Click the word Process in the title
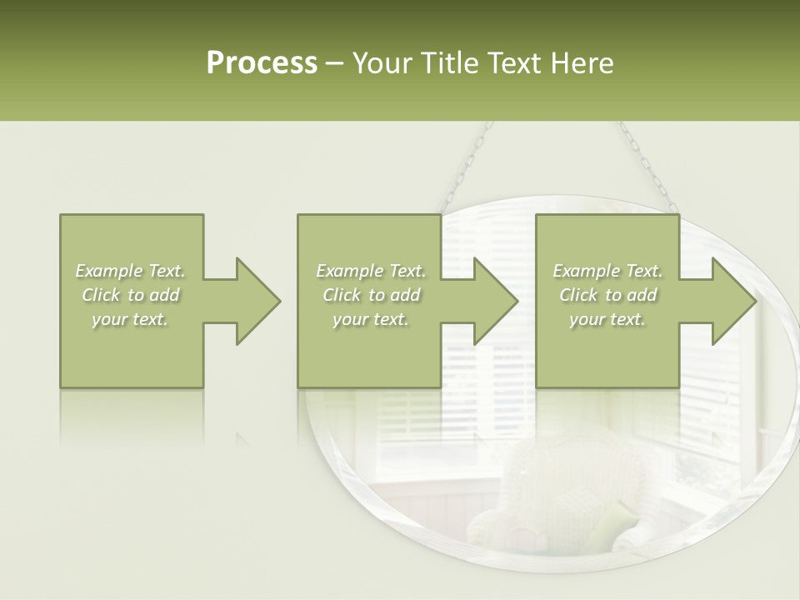[262, 63]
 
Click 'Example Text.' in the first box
[131, 271]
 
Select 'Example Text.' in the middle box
[371, 271]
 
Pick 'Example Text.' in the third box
[607, 271]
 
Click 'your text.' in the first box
[131, 319]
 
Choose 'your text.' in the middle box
[371, 319]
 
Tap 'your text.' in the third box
[607, 319]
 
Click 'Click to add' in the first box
[131, 295]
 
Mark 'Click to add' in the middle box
[371, 295]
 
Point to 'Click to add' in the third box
[607, 295]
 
